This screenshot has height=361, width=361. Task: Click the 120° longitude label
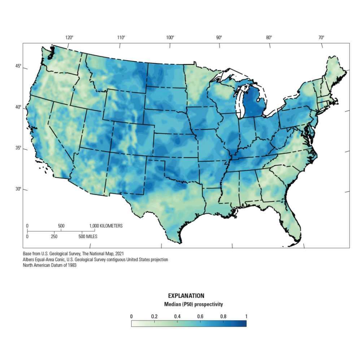tap(69, 37)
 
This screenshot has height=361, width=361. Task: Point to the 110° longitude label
tap(121, 37)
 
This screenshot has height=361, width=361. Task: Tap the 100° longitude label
tap(170, 37)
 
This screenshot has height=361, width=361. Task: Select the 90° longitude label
tap(219, 37)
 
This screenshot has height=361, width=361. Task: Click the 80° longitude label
tap(269, 37)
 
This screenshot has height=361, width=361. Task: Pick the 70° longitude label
tap(321, 37)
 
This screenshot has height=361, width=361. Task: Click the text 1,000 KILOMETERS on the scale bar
tap(106, 226)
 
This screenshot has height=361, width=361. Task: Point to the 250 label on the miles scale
tap(54, 237)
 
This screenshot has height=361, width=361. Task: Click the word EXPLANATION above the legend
tap(186, 296)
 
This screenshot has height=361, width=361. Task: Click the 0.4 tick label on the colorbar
tap(177, 317)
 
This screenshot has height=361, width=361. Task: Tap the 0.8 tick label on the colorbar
tap(223, 317)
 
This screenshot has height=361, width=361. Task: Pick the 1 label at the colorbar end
tap(246, 317)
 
